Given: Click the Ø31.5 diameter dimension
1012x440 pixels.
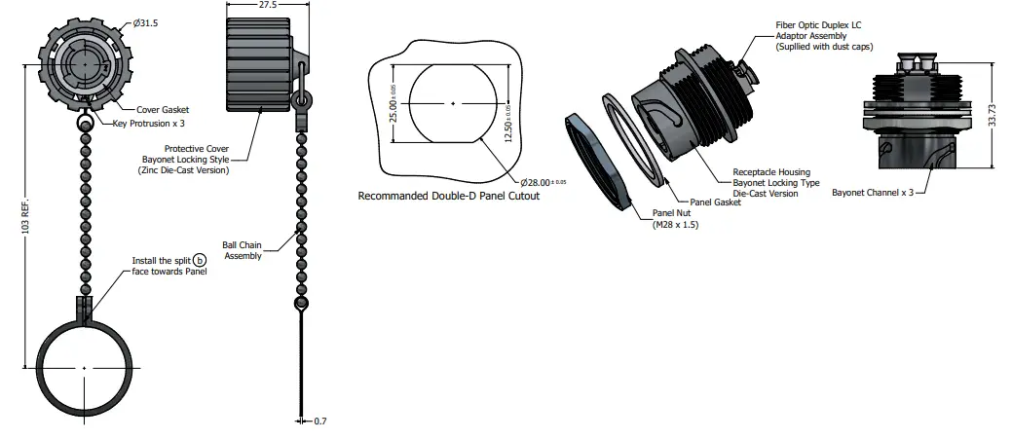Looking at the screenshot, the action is (145, 23).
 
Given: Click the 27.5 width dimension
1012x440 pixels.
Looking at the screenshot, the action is (268, 5).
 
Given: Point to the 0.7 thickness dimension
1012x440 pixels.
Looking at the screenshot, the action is (320, 422).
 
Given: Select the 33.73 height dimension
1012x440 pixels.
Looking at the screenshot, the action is (993, 116).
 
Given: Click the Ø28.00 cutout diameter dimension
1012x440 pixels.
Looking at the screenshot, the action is (543, 182).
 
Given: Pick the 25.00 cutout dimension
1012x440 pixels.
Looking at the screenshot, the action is (394, 103).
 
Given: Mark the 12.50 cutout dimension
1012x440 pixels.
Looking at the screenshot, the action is (507, 125).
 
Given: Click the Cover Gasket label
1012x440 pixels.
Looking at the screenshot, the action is (163, 110).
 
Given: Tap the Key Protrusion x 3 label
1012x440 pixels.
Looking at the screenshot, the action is (148, 123).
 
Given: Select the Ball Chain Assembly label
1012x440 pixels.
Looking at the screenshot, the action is (242, 250).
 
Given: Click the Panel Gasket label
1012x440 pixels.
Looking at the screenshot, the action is (715, 202).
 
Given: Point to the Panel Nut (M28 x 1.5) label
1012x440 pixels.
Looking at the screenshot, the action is (675, 219).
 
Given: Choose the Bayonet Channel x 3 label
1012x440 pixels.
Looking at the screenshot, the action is (873, 193).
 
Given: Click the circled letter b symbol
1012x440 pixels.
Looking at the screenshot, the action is (200, 261).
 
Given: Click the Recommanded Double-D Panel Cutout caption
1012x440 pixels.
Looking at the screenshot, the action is (449, 196).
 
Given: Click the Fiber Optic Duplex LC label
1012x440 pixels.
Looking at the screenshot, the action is (818, 25).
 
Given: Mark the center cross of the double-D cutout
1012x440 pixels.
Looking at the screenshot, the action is (453, 103).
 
